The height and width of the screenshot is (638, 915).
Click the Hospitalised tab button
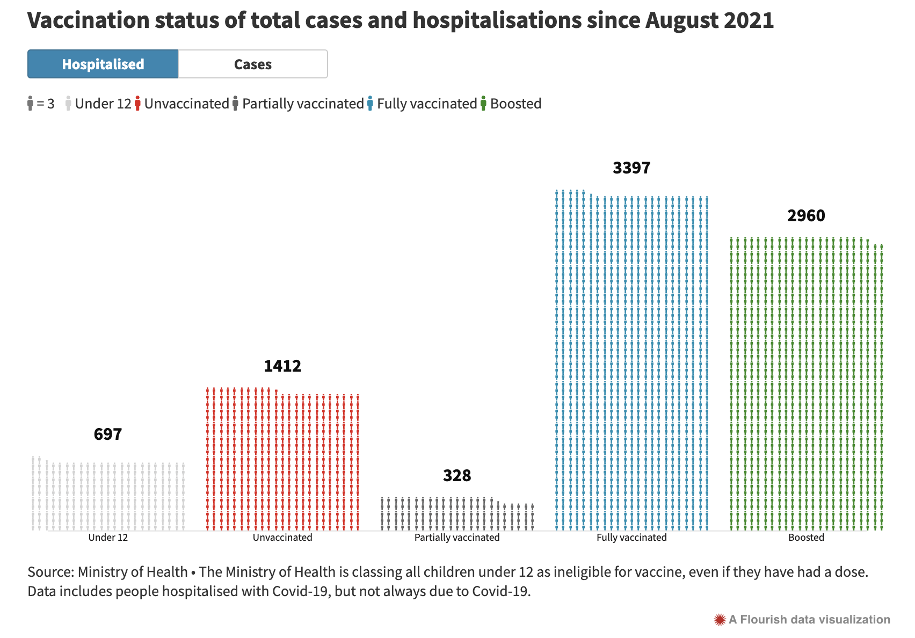103,64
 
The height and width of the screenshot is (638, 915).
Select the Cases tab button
253,64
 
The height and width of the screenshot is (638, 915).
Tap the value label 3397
631,168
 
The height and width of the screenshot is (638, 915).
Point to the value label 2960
806,216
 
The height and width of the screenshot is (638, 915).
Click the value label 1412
282,366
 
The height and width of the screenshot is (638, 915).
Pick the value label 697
108,434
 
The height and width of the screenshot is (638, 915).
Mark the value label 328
457,476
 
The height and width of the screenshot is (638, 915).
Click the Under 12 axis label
108,538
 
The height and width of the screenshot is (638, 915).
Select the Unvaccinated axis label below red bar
282,538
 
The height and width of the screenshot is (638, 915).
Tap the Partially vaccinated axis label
457,538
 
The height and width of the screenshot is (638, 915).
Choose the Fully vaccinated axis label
631,538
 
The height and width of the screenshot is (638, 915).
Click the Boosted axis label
806,538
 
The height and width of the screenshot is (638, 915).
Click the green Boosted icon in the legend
483,104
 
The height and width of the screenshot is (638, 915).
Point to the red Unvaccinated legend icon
138,104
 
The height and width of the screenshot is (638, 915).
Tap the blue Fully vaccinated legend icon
370,104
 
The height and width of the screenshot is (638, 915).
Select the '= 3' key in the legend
45,104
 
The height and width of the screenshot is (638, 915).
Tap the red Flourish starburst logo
720,620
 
